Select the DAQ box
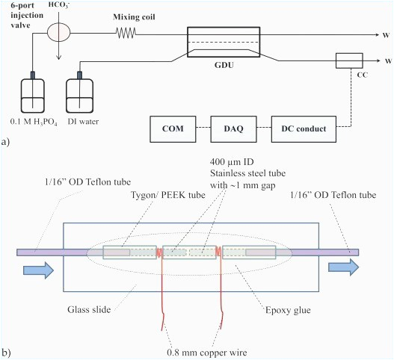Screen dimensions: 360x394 coord(236,128)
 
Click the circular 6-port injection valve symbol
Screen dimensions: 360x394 coord(58,34)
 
